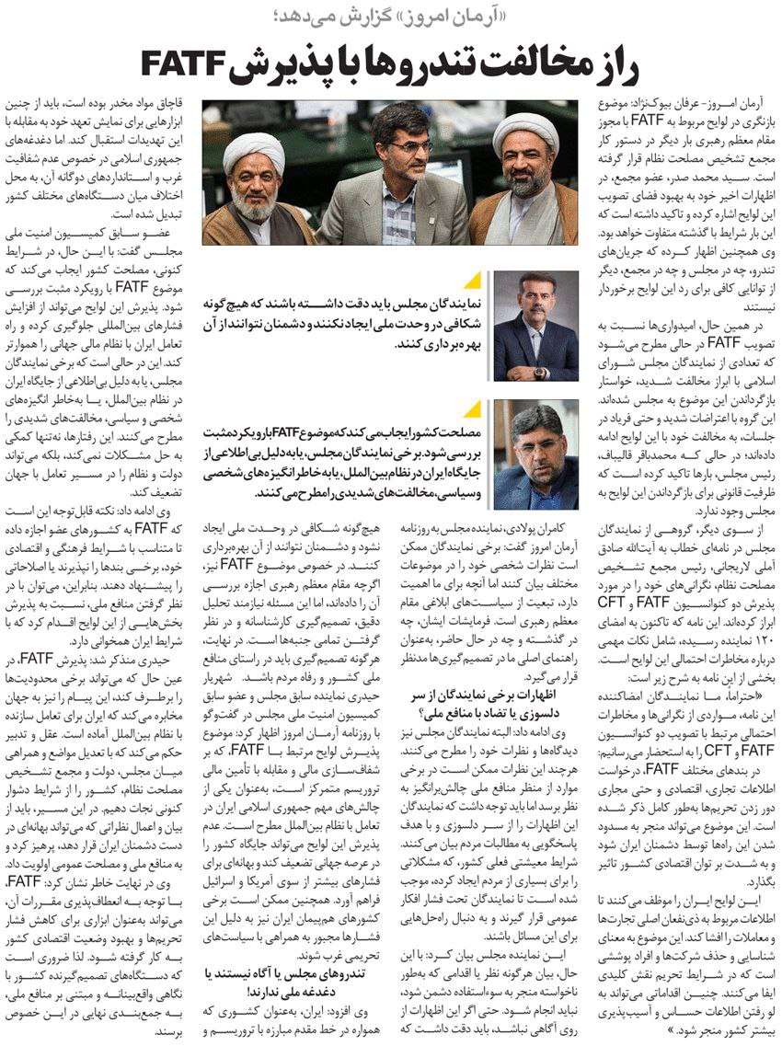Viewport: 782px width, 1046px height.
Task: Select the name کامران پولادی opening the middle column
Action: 541,532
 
